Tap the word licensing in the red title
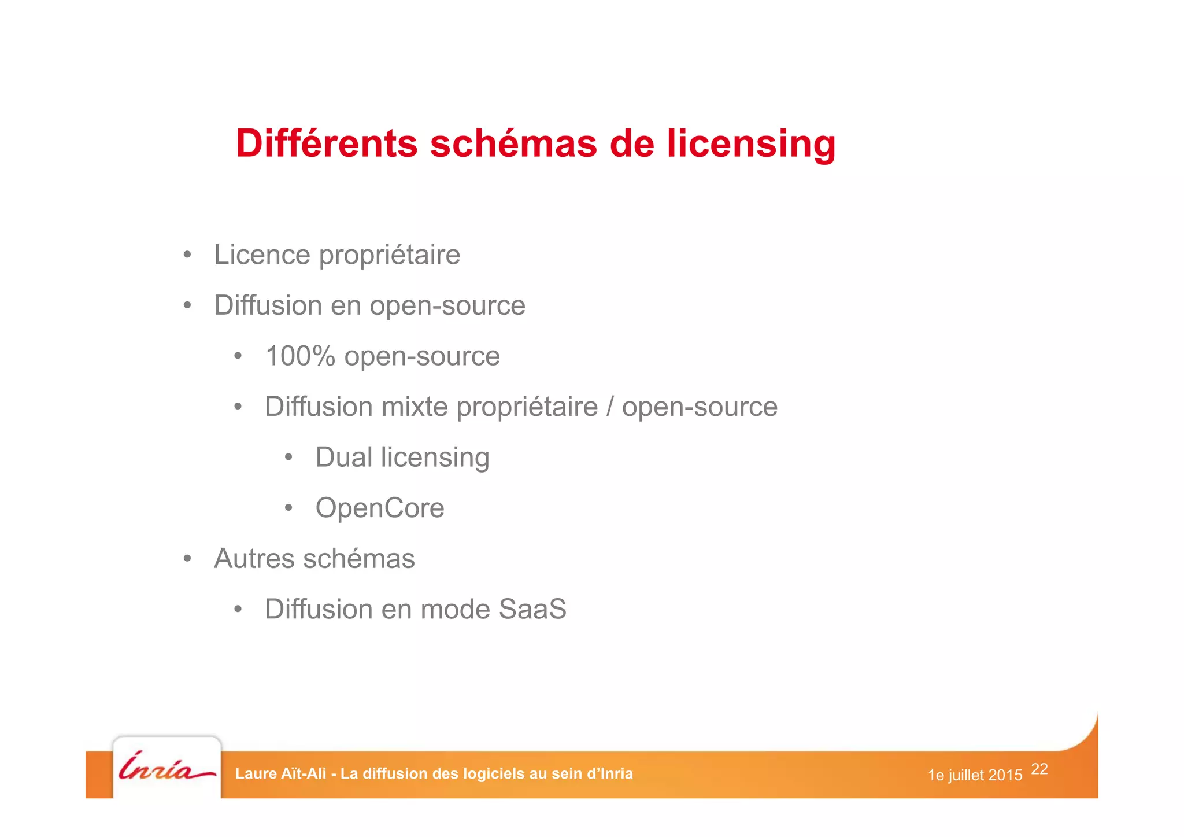pyautogui.click(x=751, y=145)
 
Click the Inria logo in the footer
pyautogui.click(x=166, y=767)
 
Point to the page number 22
pyautogui.click(x=1039, y=769)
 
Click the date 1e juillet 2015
pyautogui.click(x=975, y=775)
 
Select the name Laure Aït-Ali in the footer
pyautogui.click(x=281, y=774)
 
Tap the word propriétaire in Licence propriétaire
pyautogui.click(x=390, y=256)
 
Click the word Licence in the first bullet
pyautogui.click(x=262, y=255)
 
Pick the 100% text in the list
pyautogui.click(x=300, y=356)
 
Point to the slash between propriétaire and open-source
pyautogui.click(x=610, y=407)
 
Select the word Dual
pyautogui.click(x=343, y=457)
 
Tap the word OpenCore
pyautogui.click(x=380, y=508)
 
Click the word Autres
pyautogui.click(x=254, y=559)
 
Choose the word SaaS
pyautogui.click(x=532, y=609)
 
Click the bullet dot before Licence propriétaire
pyautogui.click(x=187, y=255)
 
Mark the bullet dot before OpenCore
pyautogui.click(x=288, y=508)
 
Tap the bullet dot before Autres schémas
pyautogui.click(x=187, y=559)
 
